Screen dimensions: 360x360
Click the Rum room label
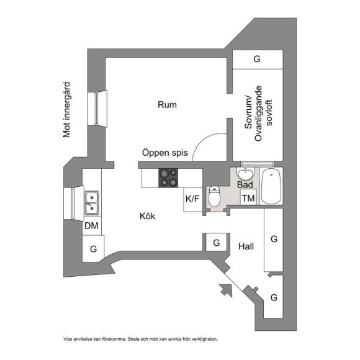tap(167, 105)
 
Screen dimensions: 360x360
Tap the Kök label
tap(147, 216)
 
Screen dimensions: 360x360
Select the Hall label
tap(246, 246)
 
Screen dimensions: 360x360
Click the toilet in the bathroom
tap(214, 196)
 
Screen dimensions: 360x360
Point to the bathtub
tap(271, 186)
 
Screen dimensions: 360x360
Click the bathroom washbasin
tap(246, 174)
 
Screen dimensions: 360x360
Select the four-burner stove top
tap(168, 178)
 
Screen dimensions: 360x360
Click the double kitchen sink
tap(92, 203)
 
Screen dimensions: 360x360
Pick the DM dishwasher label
tap(91, 226)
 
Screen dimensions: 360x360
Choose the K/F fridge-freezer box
tap(192, 199)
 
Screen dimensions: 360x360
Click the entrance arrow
tap(226, 290)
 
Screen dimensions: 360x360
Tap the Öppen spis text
tap(165, 153)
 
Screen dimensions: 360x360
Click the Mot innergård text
tap(66, 110)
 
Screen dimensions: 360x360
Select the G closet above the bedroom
tap(258, 59)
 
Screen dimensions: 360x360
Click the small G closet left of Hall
tap(217, 243)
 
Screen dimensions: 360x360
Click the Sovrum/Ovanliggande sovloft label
tap(258, 114)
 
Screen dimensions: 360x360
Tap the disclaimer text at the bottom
tap(140, 339)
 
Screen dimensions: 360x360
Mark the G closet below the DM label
tap(93, 249)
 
